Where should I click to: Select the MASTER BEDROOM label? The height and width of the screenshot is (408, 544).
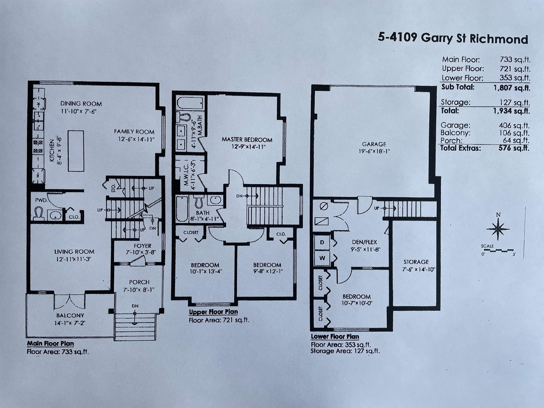pos(247,140)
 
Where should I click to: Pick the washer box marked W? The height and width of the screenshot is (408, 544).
pos(322,258)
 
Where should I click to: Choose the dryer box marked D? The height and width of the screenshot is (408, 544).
pos(322,242)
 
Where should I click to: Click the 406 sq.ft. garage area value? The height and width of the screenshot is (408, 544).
pos(514,125)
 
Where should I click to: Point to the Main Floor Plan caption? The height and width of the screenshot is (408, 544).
pos(50,344)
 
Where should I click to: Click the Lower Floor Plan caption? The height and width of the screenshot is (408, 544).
pos(335,337)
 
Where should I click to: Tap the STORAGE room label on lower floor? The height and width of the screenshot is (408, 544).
pos(416,262)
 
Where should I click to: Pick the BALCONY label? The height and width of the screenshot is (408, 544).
pos(70,316)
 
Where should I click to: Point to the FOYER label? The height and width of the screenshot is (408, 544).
pos(142,246)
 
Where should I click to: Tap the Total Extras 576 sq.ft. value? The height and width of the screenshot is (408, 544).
pos(514,148)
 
